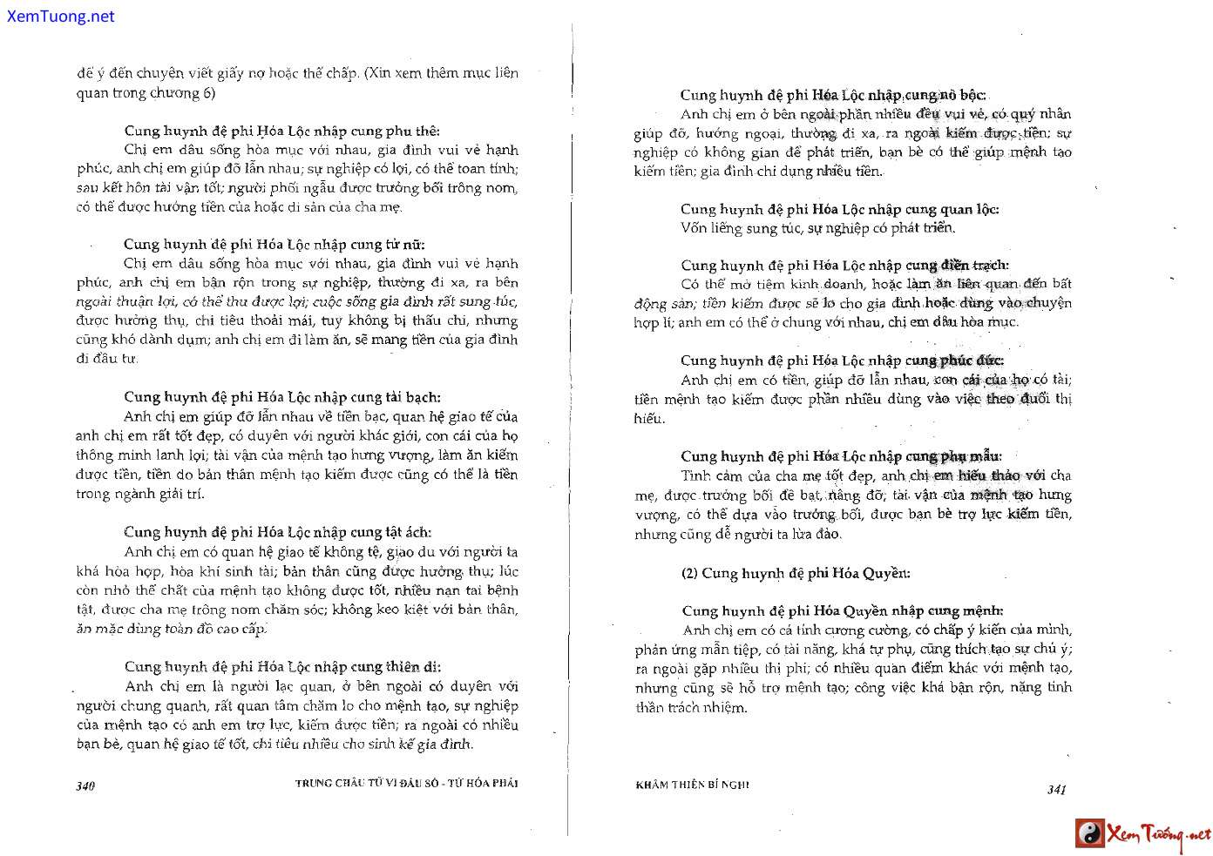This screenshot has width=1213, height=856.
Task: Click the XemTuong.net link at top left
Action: click(x=60, y=17)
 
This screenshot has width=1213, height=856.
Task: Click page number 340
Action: click(x=85, y=785)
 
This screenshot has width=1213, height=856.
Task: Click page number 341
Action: click(x=1056, y=789)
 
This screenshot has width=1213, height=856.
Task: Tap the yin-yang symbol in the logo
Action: click(x=1089, y=833)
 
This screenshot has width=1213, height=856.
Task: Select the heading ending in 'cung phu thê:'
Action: click(x=281, y=131)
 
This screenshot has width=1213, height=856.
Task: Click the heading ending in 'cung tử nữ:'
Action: click(x=274, y=244)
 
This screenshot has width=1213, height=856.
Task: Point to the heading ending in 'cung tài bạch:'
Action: click(x=281, y=397)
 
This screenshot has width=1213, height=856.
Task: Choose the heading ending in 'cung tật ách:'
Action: click(x=277, y=532)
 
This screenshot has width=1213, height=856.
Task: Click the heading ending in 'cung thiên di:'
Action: click(x=282, y=667)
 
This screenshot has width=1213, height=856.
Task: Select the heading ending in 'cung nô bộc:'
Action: click(x=833, y=95)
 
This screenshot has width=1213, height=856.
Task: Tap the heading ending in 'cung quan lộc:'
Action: click(x=839, y=209)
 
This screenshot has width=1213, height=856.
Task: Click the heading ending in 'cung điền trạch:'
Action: click(x=844, y=265)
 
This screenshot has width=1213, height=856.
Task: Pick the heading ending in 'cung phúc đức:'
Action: click(x=842, y=361)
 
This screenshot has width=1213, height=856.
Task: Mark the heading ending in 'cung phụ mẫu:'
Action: click(x=841, y=456)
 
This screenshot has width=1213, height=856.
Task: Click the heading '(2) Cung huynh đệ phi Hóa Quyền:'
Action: click(x=795, y=573)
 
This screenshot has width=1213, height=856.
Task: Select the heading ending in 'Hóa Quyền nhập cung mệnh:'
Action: click(x=843, y=610)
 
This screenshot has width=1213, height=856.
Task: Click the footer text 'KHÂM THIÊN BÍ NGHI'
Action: click(x=692, y=785)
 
